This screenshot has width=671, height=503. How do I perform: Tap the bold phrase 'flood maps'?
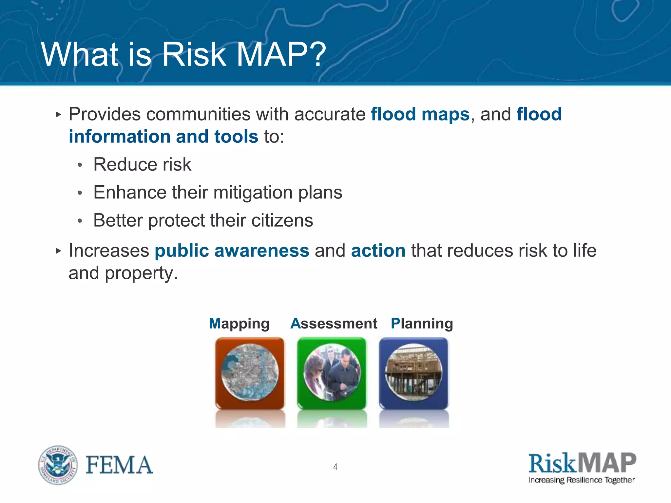click(420, 114)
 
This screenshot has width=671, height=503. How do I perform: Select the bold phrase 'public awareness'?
click(232, 251)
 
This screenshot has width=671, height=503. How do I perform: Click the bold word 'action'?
click(378, 251)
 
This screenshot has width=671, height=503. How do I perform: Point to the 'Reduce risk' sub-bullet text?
click(142, 164)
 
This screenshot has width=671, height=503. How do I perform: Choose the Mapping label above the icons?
click(239, 324)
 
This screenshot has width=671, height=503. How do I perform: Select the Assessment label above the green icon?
click(334, 324)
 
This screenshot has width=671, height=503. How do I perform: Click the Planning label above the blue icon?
click(422, 324)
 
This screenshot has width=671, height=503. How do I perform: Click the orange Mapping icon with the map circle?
click(250, 373)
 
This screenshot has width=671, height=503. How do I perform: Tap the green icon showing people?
click(332, 373)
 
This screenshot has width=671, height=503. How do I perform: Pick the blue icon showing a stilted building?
click(413, 373)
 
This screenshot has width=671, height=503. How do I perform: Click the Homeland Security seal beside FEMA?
click(58, 465)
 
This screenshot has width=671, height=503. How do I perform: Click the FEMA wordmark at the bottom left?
click(119, 465)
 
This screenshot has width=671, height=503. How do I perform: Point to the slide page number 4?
click(335, 467)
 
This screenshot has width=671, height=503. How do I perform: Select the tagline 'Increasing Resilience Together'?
click(581, 480)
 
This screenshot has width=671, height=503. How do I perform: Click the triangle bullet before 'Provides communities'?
click(58, 115)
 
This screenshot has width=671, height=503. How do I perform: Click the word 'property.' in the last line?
click(141, 273)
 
